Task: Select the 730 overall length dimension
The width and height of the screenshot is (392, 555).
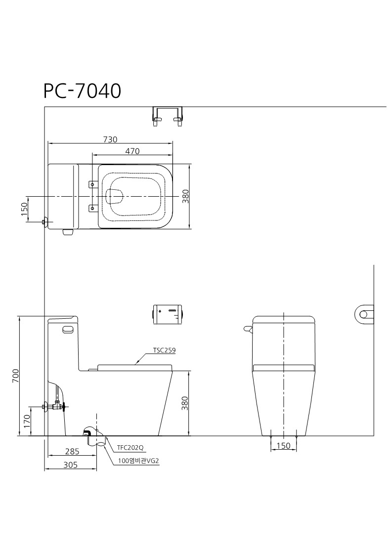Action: coord(110,139)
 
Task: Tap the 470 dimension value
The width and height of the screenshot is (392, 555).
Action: coord(132,151)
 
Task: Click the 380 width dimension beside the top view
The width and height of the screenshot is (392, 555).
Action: coord(186,196)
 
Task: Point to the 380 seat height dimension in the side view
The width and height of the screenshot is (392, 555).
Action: coord(185,403)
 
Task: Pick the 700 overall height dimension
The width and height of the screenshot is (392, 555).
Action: coord(15,376)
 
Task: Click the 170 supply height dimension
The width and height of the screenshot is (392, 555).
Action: coord(27,421)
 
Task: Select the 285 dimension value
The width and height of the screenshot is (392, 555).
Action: coord(72,452)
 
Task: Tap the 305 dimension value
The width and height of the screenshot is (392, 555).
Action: coord(71,465)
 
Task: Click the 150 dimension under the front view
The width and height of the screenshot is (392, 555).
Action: coord(283,446)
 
